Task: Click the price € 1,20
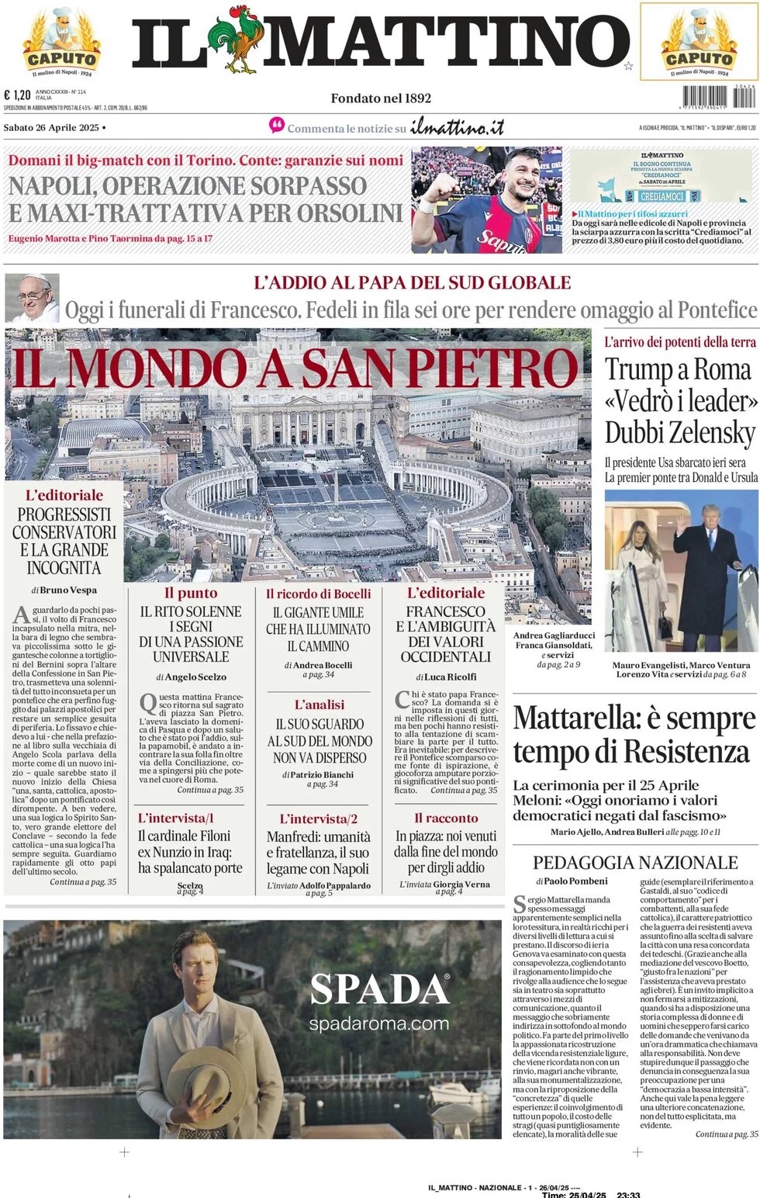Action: pos(18,95)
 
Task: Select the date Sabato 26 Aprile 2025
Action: pos(51,127)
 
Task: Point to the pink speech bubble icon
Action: pos(277,125)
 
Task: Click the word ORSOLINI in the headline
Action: pos(349,213)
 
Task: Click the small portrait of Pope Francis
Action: pos(32,297)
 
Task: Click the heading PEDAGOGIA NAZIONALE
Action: pos(635,862)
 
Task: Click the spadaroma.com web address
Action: pos(379,1023)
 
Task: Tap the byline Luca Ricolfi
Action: pos(451,677)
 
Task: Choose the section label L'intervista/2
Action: pos(319,819)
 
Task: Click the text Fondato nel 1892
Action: pos(381,98)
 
